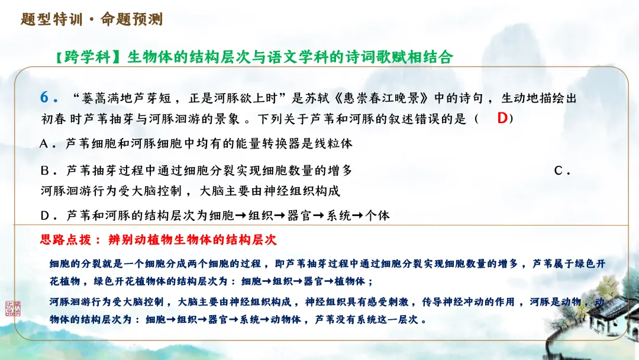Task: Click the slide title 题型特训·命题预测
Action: tap(92, 19)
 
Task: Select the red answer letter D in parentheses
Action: tap(502, 118)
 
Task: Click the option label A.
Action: tap(45, 144)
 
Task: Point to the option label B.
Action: tap(45, 171)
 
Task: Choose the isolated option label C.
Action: tap(559, 171)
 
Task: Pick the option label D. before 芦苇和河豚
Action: tap(45, 216)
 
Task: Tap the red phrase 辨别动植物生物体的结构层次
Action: tap(192, 240)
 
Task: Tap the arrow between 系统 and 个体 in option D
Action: tap(357, 216)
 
